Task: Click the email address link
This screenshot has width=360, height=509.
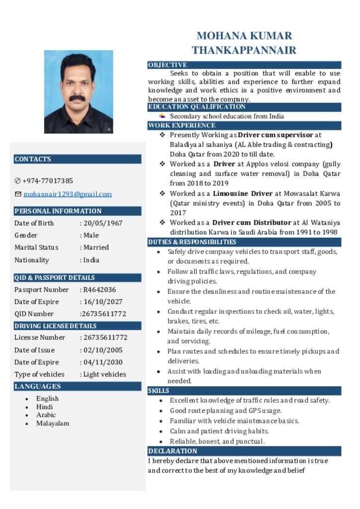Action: (67, 194)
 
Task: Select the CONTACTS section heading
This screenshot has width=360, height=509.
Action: (33, 159)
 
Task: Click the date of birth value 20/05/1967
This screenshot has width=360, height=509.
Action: (103, 223)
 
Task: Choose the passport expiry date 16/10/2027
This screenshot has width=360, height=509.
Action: (103, 302)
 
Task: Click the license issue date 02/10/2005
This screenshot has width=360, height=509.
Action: (103, 350)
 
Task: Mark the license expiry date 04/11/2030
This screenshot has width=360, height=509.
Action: (103, 362)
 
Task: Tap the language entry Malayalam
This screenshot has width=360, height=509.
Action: (52, 424)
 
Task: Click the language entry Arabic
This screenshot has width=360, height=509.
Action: (46, 415)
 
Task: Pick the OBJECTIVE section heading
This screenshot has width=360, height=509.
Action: (168, 65)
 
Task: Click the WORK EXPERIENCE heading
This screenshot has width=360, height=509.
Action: (182, 126)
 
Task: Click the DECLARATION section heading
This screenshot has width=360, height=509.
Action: (173, 451)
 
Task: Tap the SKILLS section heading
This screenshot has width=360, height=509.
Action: (159, 391)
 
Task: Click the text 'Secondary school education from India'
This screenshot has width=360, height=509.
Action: (227, 116)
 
